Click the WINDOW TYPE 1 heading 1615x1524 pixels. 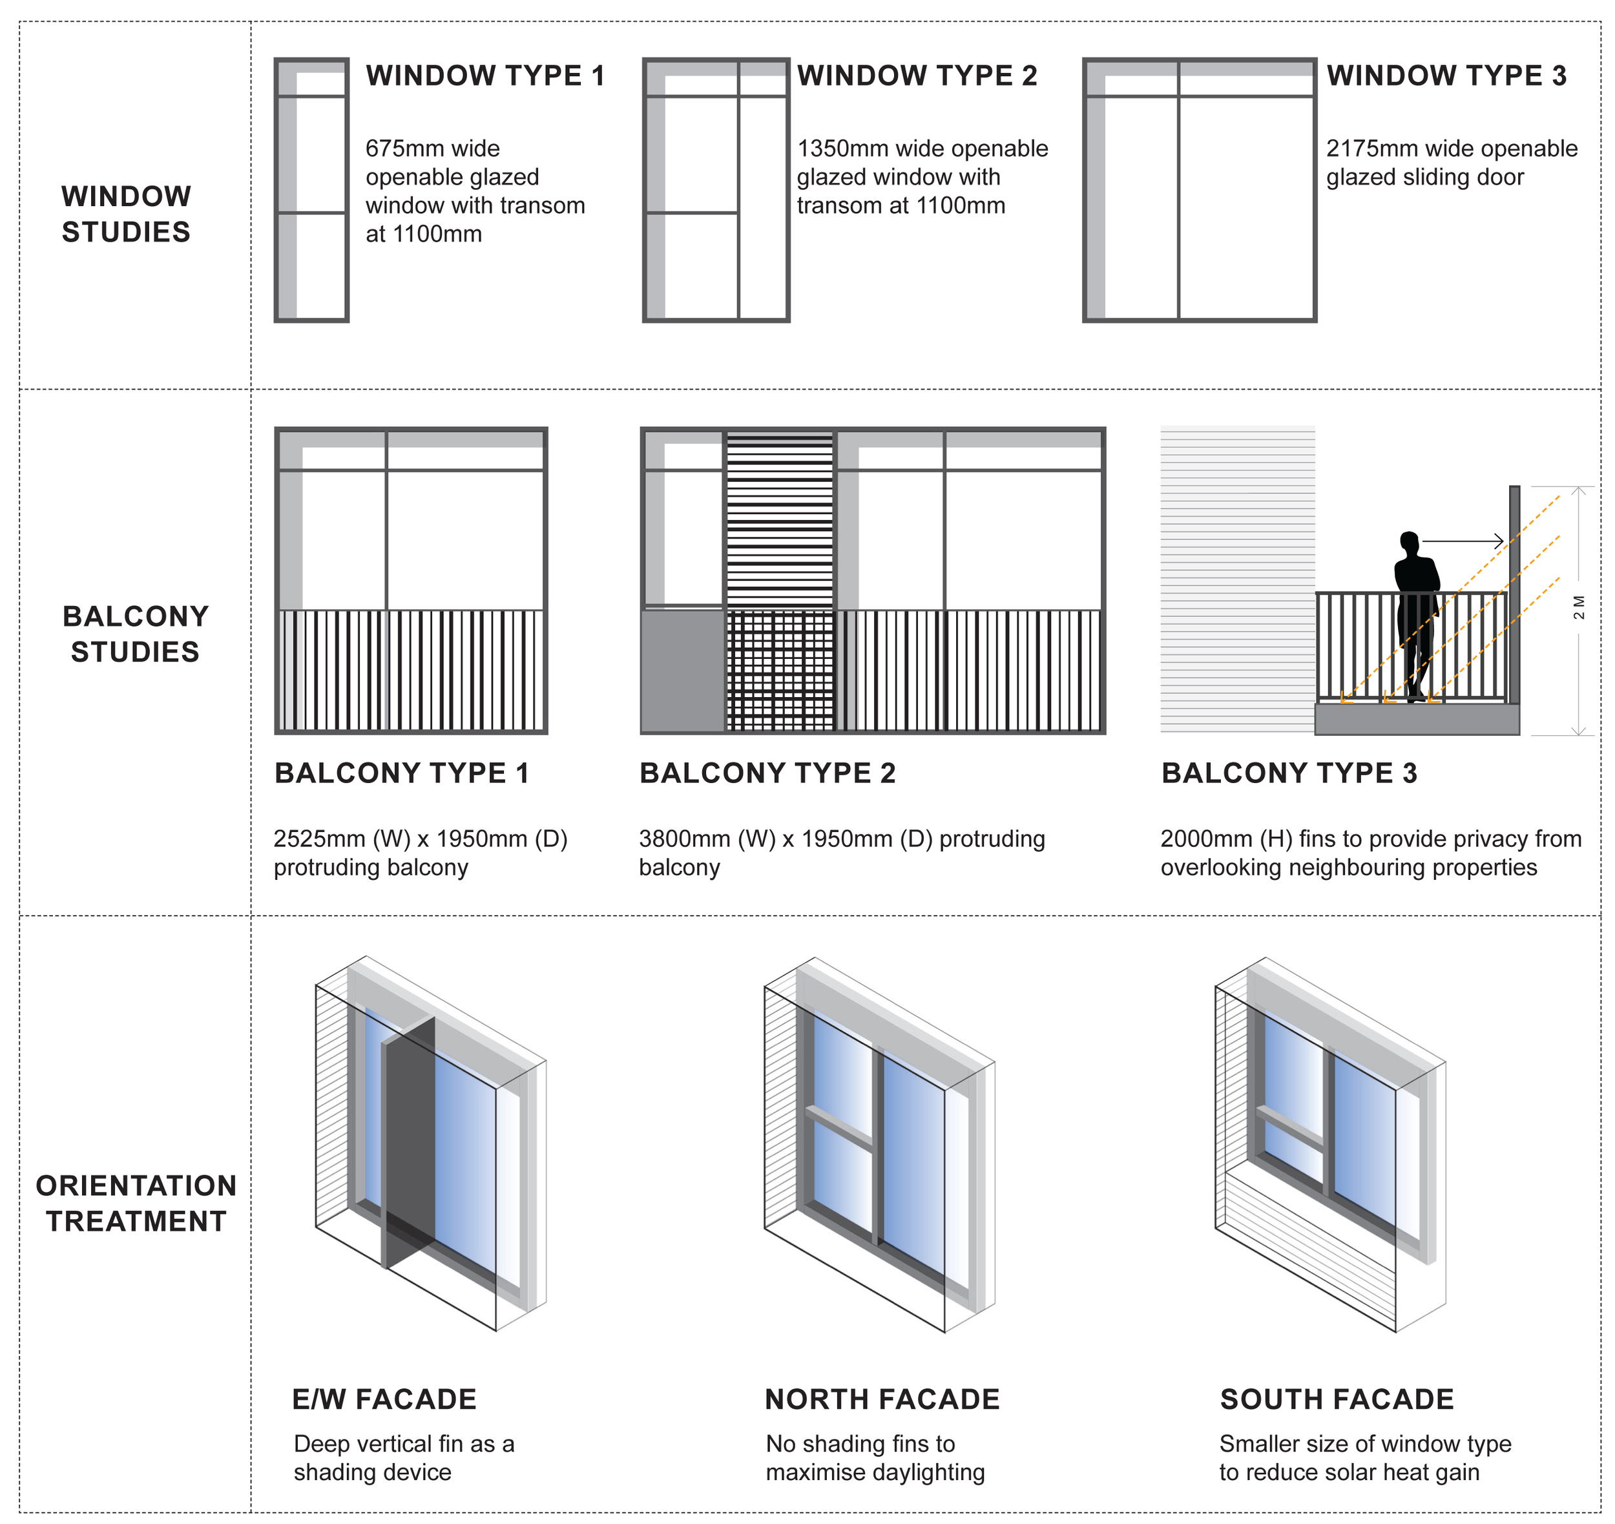(x=485, y=76)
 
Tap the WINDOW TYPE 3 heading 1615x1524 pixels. (x=1446, y=76)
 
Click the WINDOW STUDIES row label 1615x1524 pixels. (x=126, y=214)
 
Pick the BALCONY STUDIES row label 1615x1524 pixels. (x=135, y=634)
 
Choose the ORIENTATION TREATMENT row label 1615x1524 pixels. (x=136, y=1203)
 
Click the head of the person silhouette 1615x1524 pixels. (x=1410, y=542)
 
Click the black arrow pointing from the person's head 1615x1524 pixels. (x=1463, y=541)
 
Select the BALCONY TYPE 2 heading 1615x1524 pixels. (x=767, y=773)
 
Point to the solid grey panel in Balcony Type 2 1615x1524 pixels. (x=682, y=670)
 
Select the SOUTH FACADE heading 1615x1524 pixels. (x=1337, y=1399)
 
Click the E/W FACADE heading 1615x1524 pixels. (x=384, y=1399)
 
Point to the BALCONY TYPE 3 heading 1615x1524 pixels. (x=1289, y=773)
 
